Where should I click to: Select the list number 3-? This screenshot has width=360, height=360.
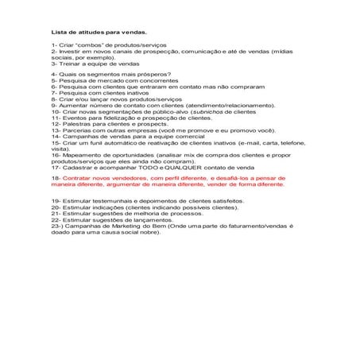(55, 64)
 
